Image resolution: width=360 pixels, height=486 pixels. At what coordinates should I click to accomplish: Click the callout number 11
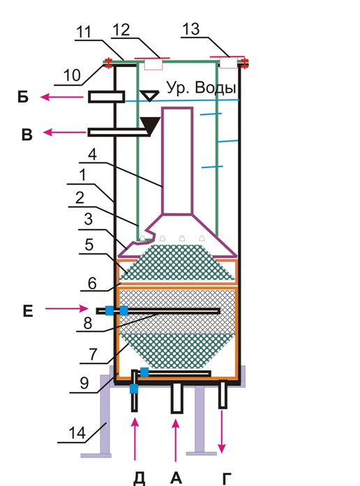pos(84,32)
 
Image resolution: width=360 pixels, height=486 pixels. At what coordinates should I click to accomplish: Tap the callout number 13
pos(191,29)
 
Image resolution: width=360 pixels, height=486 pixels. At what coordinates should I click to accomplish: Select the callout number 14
pos(77,433)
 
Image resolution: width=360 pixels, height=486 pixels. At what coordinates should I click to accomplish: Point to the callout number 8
pos(88,323)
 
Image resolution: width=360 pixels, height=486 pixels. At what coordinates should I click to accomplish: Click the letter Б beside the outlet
pos(23,97)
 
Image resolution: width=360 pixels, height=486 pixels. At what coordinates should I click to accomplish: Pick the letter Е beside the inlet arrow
pos(28,311)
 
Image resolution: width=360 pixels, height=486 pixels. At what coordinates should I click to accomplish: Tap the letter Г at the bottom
pos(227,479)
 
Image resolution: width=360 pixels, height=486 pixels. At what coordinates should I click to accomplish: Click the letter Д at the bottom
pos(140,479)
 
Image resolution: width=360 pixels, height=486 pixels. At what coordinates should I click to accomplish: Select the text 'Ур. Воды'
pos(202,88)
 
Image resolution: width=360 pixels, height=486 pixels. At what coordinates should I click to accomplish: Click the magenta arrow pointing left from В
pos(65,132)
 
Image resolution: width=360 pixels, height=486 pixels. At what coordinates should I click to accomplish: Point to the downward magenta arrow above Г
pos(221,432)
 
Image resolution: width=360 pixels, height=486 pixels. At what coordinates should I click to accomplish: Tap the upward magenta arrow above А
pos(176,440)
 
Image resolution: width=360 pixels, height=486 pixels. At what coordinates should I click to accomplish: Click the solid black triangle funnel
pos(151,126)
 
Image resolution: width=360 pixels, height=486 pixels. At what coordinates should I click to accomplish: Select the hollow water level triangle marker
pos(149,96)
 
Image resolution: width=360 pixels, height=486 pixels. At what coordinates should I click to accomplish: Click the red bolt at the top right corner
pos(245,63)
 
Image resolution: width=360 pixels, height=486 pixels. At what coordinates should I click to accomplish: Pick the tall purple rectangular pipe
pos(177,161)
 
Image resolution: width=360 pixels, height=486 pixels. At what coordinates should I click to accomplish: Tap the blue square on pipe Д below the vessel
pos(134,388)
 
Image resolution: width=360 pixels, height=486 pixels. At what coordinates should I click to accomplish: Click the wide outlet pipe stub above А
pos(177,398)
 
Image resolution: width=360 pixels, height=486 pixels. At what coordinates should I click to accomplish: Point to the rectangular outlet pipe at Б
pos(107,97)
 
